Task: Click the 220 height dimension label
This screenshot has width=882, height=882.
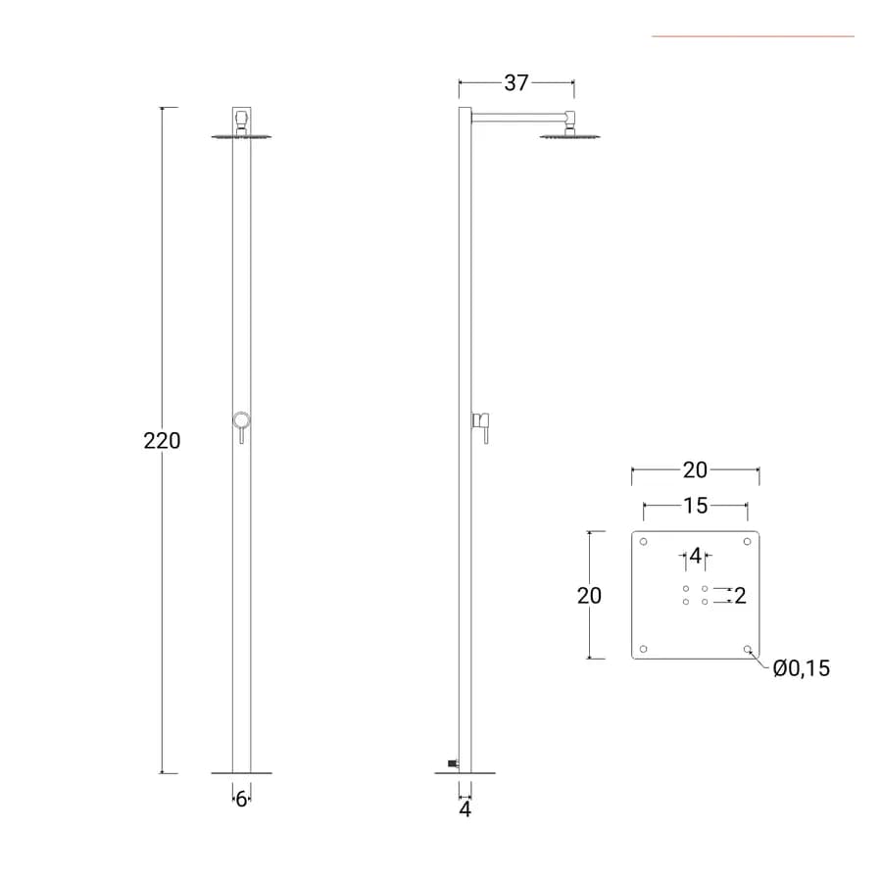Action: point(162,440)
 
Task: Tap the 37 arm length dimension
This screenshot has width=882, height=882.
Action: point(516,82)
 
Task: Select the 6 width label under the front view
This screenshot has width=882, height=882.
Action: point(241,798)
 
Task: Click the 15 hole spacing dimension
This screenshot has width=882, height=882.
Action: point(695,506)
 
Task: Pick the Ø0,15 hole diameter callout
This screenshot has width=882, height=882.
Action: point(801,668)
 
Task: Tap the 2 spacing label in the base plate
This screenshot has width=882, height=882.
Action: point(740,596)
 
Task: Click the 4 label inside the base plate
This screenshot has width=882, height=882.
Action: point(695,556)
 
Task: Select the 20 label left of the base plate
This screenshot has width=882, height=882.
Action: point(590,595)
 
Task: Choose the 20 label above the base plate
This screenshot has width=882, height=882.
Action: point(695,470)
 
